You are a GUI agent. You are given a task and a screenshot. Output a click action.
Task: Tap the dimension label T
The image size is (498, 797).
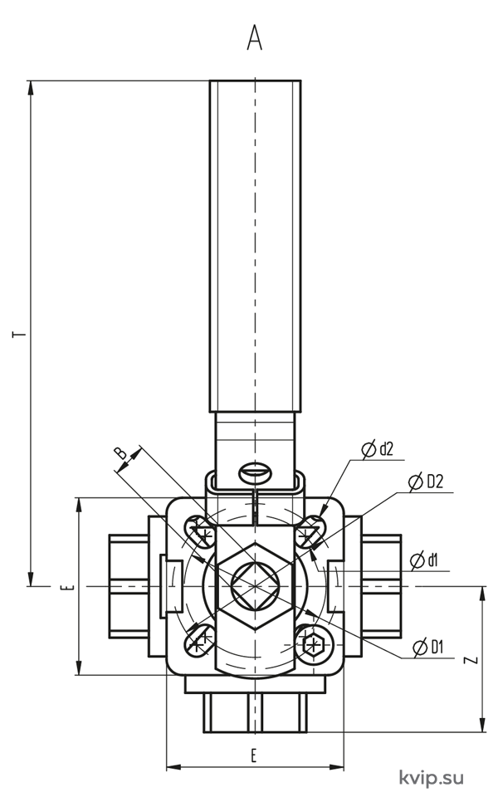coord(19,335)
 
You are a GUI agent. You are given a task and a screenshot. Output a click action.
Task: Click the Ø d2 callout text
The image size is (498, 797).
coord(377,449)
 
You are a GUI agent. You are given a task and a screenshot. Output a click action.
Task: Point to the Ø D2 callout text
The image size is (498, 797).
coord(426,482)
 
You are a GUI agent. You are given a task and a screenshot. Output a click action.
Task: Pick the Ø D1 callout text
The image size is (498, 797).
coord(428,647)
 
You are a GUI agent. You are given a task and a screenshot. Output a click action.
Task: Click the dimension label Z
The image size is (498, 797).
coord(472,660)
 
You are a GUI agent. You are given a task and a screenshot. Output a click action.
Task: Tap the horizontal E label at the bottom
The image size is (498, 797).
coord(254,755)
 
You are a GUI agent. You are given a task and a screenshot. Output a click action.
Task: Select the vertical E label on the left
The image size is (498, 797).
coord(71,588)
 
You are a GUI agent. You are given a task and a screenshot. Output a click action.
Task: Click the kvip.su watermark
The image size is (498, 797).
coord(432,778)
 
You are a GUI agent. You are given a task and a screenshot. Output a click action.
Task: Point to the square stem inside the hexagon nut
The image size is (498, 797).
coord(255,586)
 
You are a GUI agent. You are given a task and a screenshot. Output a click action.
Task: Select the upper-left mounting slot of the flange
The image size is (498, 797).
coord(200,531)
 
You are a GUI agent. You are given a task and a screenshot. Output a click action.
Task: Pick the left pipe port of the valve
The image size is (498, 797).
coord(129,586)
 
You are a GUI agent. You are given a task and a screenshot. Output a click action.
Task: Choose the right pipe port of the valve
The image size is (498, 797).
coord(381,586)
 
